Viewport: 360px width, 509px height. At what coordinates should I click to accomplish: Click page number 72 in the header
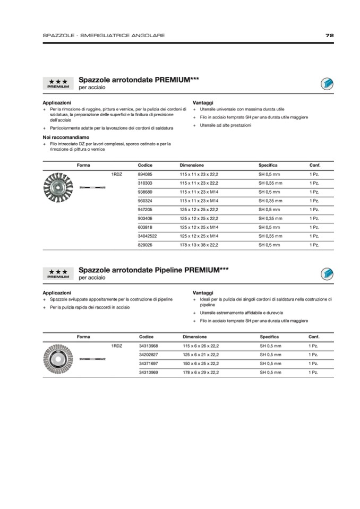(x=329, y=36)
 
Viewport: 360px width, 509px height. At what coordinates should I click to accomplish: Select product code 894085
(x=145, y=174)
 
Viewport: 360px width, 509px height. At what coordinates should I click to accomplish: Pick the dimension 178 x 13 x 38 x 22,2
(x=199, y=245)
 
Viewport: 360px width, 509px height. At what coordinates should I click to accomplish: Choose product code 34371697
(x=148, y=364)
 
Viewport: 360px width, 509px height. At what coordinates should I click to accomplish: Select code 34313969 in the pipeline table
(x=148, y=373)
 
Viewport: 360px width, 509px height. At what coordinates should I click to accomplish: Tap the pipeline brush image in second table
(x=57, y=359)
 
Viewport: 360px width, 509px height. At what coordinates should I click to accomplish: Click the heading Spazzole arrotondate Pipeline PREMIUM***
(x=153, y=270)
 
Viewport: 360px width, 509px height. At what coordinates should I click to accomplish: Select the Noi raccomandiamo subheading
(x=66, y=137)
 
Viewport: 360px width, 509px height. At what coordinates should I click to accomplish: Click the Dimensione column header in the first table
(x=192, y=165)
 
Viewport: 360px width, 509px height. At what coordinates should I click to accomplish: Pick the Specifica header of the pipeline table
(x=269, y=337)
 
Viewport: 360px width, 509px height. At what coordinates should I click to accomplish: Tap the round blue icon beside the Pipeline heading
(x=327, y=274)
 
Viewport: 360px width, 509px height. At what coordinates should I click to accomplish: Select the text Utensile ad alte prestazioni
(x=226, y=125)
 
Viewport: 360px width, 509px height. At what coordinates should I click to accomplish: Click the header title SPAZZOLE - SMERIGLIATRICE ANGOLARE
(x=104, y=36)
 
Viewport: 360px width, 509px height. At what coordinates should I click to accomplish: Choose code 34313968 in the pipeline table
(x=148, y=346)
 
